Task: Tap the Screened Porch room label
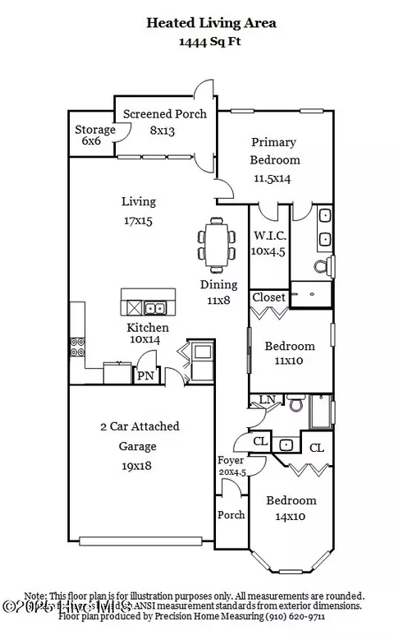coord(165,113)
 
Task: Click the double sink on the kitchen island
coord(154,309)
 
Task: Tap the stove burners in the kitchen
coord(78,347)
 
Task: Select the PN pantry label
coord(145,376)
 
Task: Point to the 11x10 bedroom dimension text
coord(289,361)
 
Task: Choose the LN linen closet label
coord(267,400)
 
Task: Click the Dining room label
coord(219,285)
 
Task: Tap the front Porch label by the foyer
coord(230,515)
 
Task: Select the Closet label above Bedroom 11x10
coord(268,297)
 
